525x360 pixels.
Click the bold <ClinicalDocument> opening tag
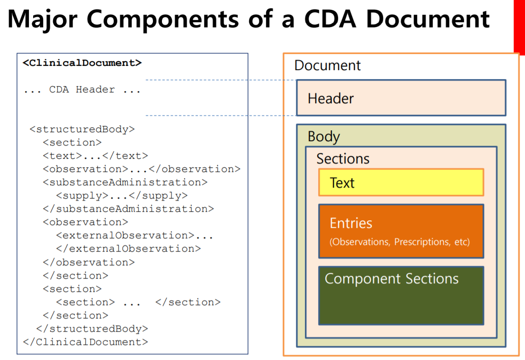(82, 63)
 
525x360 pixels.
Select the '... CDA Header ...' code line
(82, 90)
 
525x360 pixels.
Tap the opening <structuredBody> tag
(82, 129)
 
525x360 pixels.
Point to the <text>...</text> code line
(95, 156)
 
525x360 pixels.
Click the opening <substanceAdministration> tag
(125, 182)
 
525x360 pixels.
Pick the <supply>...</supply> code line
(122, 196)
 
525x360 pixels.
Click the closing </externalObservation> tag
(128, 249)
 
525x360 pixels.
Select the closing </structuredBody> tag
(92, 329)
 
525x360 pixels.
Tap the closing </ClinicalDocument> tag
(85, 342)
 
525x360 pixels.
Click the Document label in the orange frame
(327, 65)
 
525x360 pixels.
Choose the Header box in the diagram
(400, 98)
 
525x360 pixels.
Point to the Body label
(324, 136)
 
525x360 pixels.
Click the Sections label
(343, 159)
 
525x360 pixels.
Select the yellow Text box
(400, 182)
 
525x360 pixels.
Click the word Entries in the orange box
(351, 223)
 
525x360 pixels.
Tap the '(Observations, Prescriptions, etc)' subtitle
(400, 242)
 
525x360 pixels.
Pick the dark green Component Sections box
(400, 295)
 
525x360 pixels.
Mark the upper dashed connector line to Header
(220, 80)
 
